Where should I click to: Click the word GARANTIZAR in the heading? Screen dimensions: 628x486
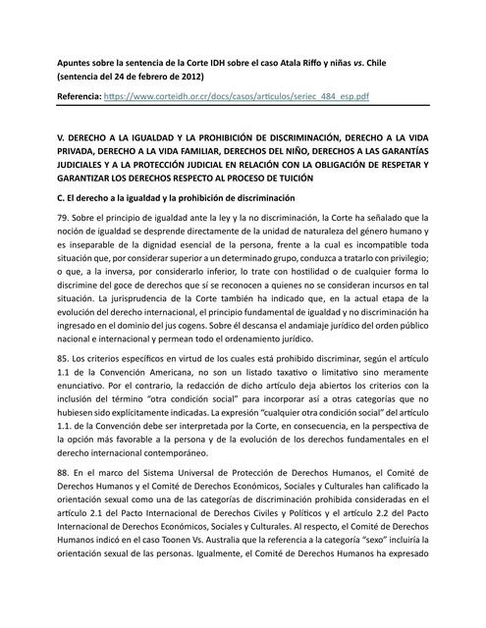point(87,180)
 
